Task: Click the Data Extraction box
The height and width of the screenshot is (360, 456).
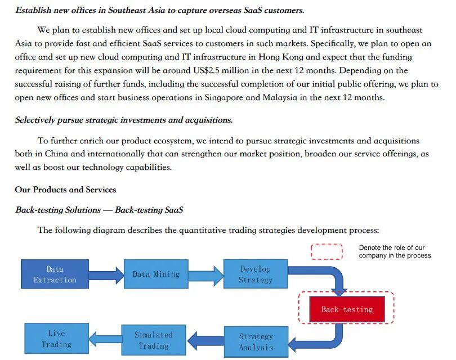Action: coord(55,274)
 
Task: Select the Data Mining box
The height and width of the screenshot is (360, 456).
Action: coord(156,274)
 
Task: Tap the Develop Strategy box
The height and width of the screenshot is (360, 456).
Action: coord(255,274)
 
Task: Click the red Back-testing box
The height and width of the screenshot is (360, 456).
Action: coord(347,309)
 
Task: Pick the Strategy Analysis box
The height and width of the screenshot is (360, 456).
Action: coord(256,341)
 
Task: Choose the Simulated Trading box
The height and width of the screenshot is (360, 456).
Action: coord(153,340)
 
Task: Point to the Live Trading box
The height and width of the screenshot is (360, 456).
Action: coord(56,339)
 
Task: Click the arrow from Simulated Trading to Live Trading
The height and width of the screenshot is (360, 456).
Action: coord(105,339)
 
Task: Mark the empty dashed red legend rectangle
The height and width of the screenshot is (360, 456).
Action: coord(327,251)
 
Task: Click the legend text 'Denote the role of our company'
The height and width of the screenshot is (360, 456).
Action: coord(395,251)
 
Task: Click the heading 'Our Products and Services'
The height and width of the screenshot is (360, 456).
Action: coord(65,190)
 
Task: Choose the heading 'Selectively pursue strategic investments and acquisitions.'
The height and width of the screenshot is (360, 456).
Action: coord(124,120)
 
